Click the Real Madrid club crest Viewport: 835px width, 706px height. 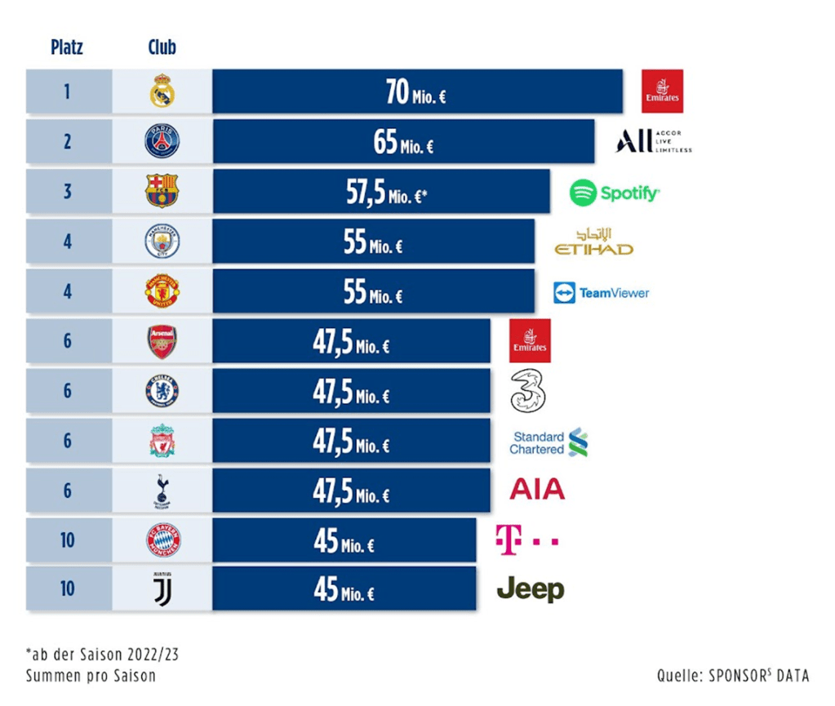tap(162, 91)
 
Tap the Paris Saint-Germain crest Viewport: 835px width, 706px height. tap(162, 141)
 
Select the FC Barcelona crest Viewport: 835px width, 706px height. tap(162, 191)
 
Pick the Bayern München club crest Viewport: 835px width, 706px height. tap(162, 540)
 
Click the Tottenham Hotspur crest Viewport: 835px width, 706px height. tap(162, 491)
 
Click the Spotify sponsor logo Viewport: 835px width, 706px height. tap(615, 193)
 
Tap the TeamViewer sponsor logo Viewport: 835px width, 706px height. tap(602, 292)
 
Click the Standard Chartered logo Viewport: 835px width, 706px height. tap(549, 442)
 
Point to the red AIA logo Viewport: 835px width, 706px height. tap(537, 490)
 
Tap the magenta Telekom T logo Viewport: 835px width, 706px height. tap(526, 540)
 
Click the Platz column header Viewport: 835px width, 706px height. tap(67, 47)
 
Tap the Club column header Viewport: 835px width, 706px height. tap(162, 47)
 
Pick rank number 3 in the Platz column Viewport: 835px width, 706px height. tap(68, 191)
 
